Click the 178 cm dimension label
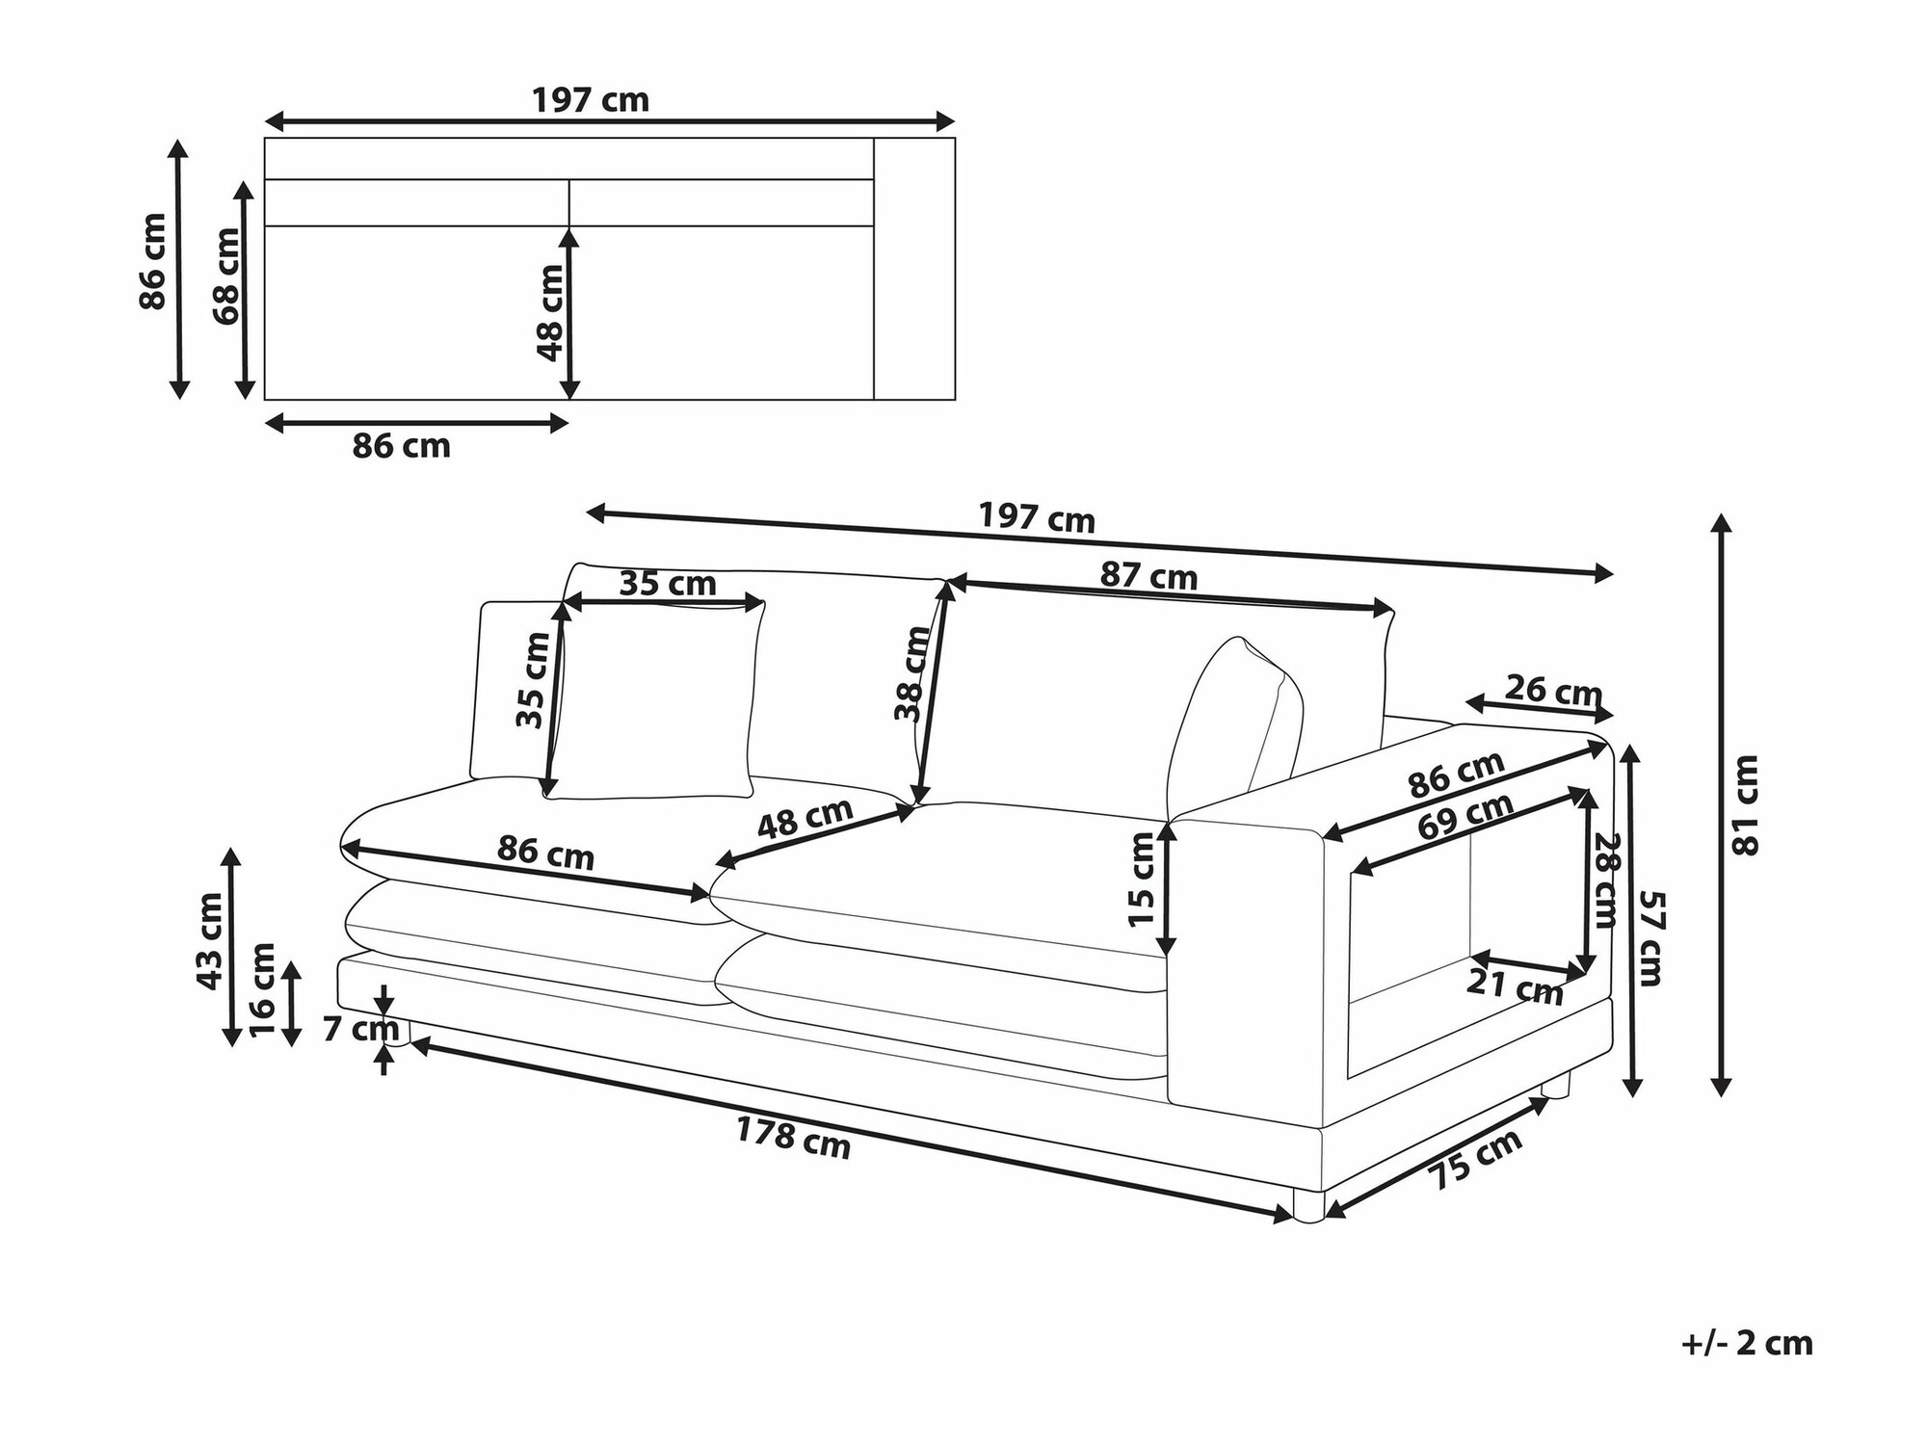(793, 1138)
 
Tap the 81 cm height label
(1746, 805)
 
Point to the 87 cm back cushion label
(1148, 576)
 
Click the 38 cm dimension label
(911, 673)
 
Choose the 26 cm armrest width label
(1553, 690)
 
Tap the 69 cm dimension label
(1465, 818)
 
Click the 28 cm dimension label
(1605, 880)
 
